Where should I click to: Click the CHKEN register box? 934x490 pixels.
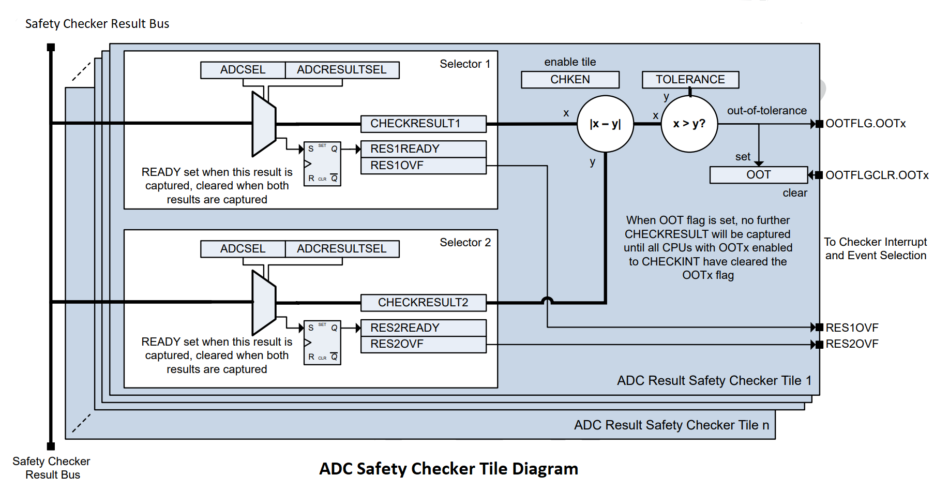(570, 80)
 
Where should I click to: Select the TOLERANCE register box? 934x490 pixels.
(690, 80)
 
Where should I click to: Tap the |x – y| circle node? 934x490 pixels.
(605, 124)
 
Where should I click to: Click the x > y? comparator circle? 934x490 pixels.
(689, 124)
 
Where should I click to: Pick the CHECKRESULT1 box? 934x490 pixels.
(423, 124)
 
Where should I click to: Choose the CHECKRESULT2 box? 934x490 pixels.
(423, 302)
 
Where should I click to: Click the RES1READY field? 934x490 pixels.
(423, 149)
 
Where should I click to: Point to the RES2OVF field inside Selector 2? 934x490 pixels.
(423, 344)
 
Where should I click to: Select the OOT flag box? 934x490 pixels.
(758, 175)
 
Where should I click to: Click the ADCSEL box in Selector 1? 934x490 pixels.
(243, 70)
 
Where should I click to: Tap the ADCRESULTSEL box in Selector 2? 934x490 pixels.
(342, 249)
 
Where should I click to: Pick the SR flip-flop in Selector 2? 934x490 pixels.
(322, 343)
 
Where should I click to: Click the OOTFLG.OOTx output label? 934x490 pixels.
(865, 124)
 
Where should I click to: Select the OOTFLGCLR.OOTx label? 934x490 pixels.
(877, 175)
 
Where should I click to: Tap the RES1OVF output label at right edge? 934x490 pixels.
(852, 328)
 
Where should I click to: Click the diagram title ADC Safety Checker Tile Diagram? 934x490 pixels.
(448, 469)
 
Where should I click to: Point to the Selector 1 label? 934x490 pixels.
(464, 64)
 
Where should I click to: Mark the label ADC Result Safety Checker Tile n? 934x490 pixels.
(671, 425)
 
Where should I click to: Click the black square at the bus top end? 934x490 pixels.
(51, 48)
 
